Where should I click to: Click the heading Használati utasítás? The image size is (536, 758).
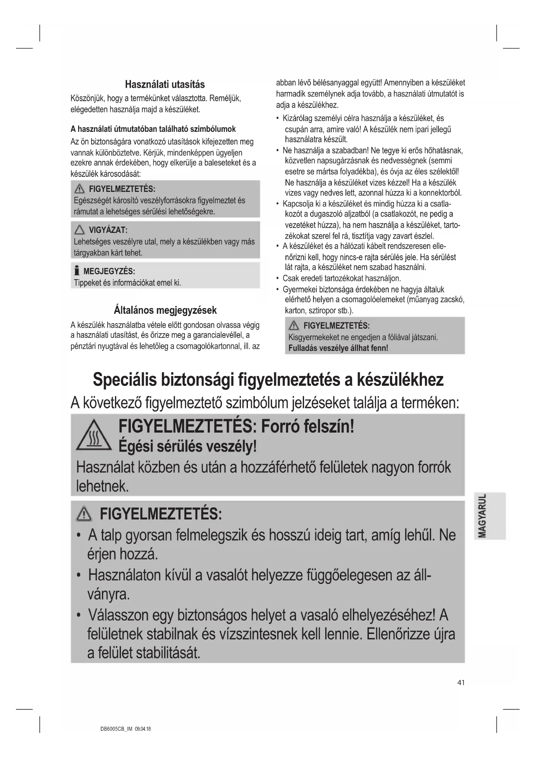click(x=165, y=84)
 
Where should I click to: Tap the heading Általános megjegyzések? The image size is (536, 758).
click(x=165, y=310)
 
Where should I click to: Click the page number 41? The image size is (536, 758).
click(x=461, y=683)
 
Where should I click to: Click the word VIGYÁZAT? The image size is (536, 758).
click(x=108, y=230)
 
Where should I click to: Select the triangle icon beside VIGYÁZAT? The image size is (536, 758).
click(x=79, y=230)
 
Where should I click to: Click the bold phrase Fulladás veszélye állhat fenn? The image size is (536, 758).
click(x=338, y=348)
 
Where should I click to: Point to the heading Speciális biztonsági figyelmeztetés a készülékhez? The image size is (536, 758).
click(x=268, y=379)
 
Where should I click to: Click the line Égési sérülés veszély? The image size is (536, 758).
click(x=187, y=446)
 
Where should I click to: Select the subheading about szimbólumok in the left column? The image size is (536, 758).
click(x=153, y=129)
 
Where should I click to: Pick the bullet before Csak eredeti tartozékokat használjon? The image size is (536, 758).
click(x=277, y=278)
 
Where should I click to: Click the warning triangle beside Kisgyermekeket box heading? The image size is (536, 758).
click(x=294, y=326)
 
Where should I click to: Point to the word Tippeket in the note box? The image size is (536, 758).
click(x=87, y=283)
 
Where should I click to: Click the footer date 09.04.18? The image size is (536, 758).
click(x=143, y=729)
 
